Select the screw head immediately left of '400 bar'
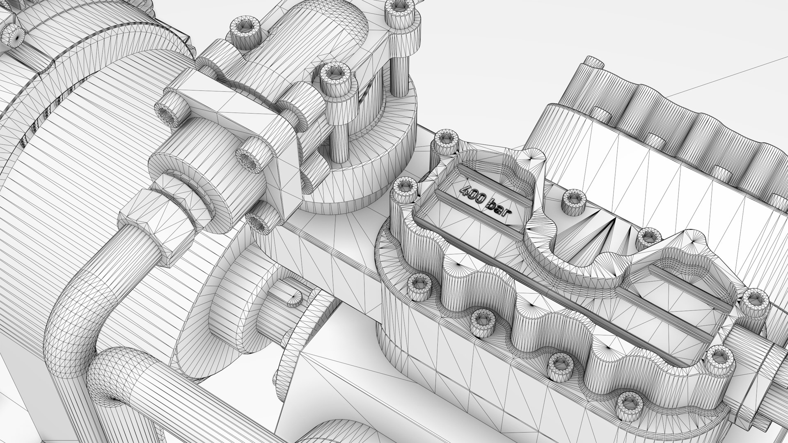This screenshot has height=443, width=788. [405, 187]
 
